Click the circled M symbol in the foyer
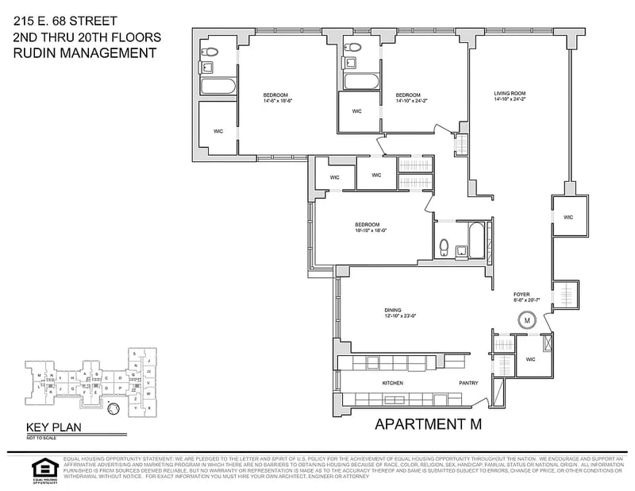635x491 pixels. pos(525,320)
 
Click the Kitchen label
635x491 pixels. pos(393,383)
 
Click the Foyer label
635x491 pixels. pos(521,295)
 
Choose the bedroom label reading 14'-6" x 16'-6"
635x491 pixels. pos(279,97)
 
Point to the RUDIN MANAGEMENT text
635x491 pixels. pos(84,53)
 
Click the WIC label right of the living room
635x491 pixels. pos(568,217)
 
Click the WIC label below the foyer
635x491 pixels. pos(529,359)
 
